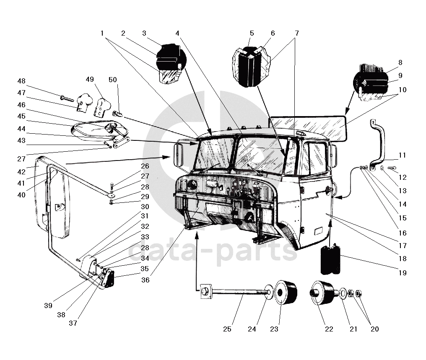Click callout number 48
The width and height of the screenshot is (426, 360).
21,81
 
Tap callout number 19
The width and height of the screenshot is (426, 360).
403,273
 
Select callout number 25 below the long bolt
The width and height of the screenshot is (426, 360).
227,329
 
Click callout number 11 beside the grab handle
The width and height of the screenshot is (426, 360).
403,155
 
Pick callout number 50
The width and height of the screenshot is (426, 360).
113,80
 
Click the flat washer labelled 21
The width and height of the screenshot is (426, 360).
343,293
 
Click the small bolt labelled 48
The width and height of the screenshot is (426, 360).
67,98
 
